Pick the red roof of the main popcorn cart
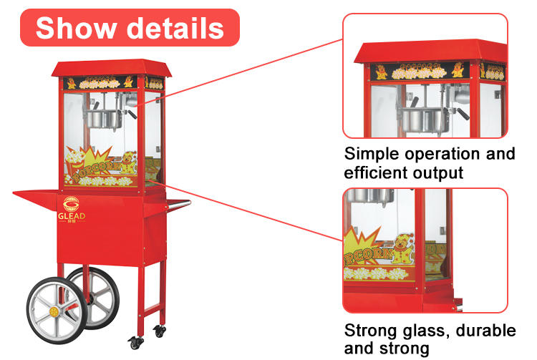[x=108, y=67]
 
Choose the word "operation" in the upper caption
[x=445, y=155]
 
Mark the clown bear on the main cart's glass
[x=127, y=164]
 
